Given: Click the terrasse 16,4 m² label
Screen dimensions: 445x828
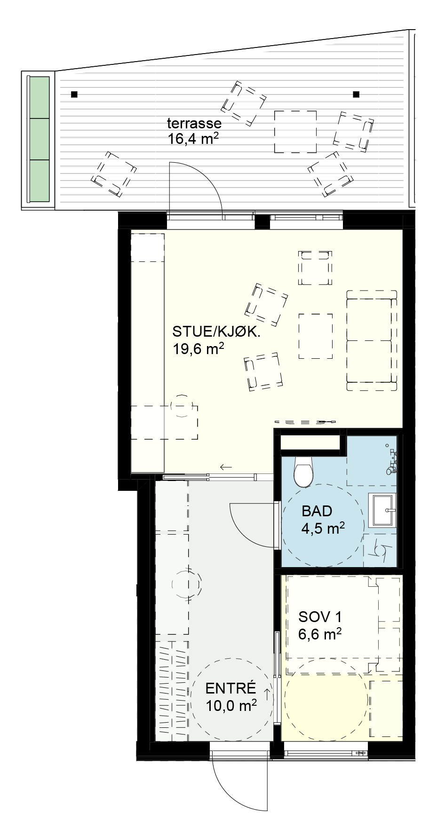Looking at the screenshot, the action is (194, 131).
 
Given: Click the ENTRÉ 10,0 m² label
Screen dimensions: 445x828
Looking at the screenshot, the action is (231, 696).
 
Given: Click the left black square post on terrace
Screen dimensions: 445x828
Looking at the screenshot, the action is (74, 95).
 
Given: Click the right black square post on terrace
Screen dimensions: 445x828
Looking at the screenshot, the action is (356, 95).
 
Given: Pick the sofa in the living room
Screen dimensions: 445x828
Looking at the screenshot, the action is (372, 340).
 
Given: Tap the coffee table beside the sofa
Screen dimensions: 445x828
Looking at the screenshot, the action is (316, 336).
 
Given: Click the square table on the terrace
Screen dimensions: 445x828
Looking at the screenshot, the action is (295, 132).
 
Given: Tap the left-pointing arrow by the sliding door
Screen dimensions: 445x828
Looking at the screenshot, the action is (226, 467).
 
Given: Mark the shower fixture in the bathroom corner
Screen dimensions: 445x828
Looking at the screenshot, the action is (391, 459).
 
